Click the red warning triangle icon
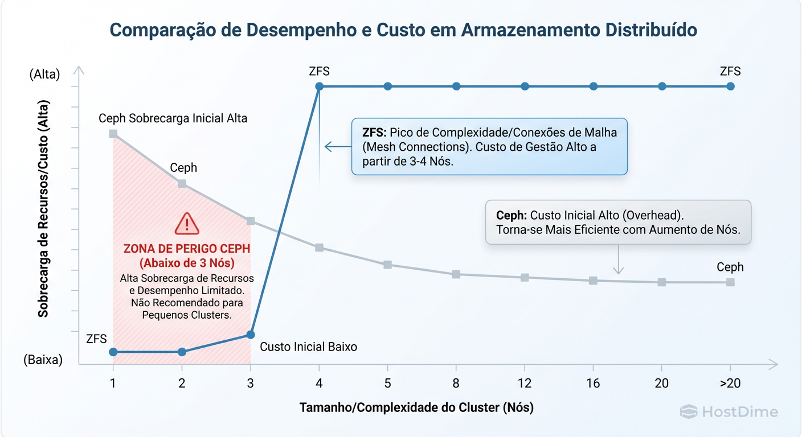click(x=187, y=224)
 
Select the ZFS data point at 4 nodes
click(x=320, y=86)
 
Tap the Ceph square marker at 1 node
click(x=113, y=134)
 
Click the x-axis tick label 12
click(x=525, y=384)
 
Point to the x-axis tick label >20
click(x=730, y=384)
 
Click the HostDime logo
click(x=729, y=412)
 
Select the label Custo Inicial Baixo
click(x=308, y=347)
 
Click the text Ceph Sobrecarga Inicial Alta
click(x=173, y=118)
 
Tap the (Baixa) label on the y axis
click(x=43, y=360)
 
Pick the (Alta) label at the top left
click(x=44, y=74)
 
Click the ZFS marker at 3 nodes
click(x=251, y=335)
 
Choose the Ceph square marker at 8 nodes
click(x=456, y=274)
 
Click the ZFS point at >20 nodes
click(x=730, y=86)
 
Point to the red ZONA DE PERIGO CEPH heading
click(x=187, y=249)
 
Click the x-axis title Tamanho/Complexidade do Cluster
click(x=416, y=407)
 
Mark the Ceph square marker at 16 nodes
click(x=593, y=281)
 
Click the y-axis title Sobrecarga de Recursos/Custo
click(x=43, y=209)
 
